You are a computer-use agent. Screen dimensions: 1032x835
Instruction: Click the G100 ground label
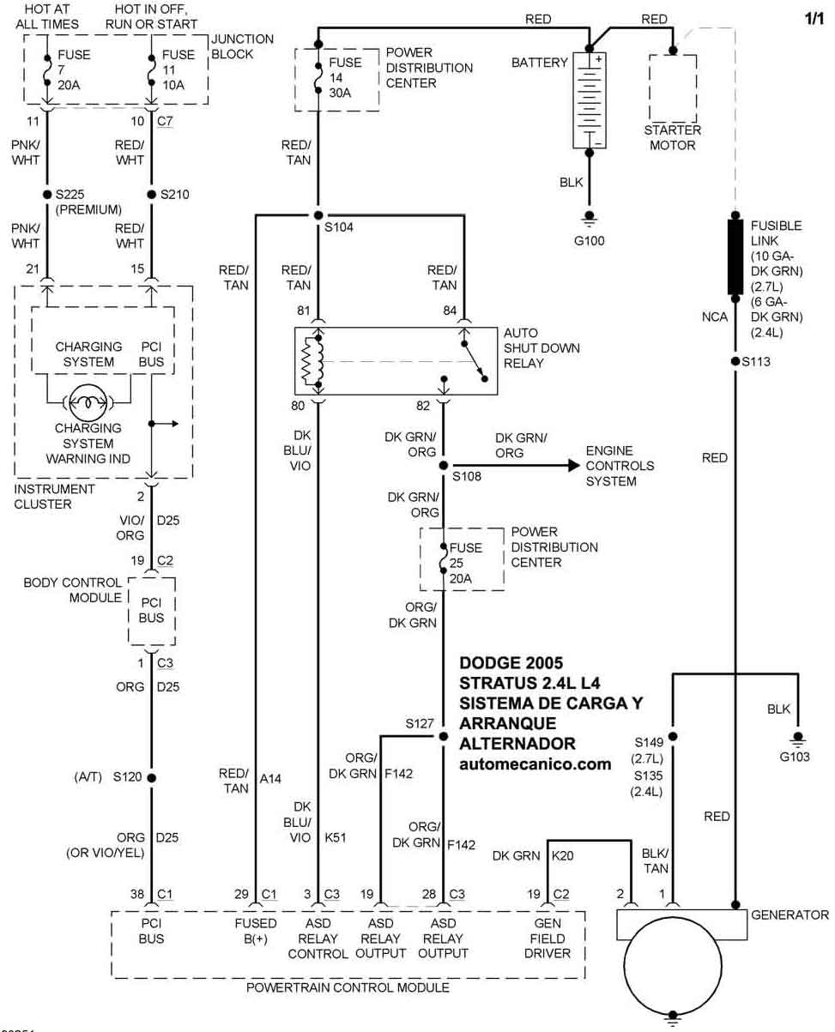[589, 241]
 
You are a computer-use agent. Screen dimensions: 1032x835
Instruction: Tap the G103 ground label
[795, 757]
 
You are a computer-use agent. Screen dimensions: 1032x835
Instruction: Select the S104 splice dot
[318, 214]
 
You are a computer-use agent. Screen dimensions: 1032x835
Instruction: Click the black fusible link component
[735, 257]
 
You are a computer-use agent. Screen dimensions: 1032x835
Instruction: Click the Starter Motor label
[672, 138]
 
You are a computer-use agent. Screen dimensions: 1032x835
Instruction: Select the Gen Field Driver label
[548, 938]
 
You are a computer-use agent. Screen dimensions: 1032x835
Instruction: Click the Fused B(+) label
[256, 931]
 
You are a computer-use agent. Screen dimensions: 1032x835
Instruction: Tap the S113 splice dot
[735, 361]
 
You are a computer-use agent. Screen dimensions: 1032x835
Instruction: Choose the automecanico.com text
[535, 763]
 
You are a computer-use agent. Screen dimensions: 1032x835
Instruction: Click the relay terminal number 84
[450, 310]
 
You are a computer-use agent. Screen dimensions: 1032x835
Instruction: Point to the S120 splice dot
[152, 778]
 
